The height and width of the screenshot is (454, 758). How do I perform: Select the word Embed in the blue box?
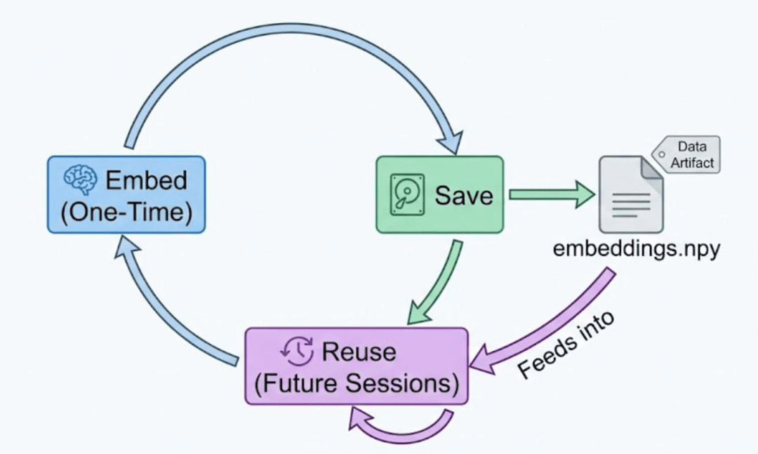click(146, 180)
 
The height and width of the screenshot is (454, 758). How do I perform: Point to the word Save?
click(463, 194)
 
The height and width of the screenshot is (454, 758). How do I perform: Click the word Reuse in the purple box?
click(359, 351)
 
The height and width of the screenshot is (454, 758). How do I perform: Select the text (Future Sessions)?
click(357, 383)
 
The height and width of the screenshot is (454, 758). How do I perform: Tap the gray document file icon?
click(630, 195)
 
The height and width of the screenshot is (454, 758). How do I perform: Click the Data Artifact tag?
click(688, 154)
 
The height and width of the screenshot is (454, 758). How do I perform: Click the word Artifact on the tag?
click(692, 162)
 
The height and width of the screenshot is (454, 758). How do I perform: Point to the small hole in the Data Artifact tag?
click(660, 154)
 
